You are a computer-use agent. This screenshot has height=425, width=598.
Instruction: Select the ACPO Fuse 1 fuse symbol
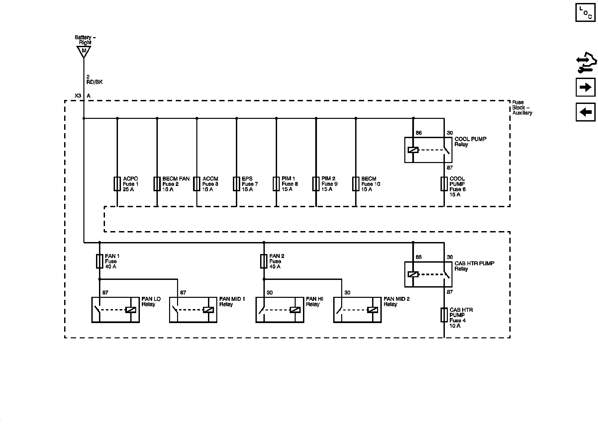coord(117,184)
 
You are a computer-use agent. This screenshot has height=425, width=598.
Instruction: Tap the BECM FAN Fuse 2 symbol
coord(157,184)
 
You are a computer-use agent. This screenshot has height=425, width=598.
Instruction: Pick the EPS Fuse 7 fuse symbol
coord(236,184)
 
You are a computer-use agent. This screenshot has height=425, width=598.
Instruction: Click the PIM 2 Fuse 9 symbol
coord(316,184)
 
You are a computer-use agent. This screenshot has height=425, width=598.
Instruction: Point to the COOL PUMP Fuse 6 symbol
coord(444,184)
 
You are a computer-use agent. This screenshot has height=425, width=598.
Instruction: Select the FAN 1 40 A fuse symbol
coord(99,261)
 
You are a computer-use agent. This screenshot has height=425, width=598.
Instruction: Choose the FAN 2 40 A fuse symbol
coord(264,261)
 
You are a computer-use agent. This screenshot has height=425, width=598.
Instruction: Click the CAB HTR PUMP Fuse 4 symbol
coord(444,315)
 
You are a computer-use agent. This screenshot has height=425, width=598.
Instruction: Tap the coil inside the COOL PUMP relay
coord(413,150)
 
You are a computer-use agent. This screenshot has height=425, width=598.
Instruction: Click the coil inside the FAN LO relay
coord(131,310)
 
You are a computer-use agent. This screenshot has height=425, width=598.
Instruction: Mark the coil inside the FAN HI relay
coord(295,310)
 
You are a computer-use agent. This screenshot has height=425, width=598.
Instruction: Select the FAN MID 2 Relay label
coord(397,301)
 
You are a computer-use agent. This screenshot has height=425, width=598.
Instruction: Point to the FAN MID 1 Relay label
coord(232,301)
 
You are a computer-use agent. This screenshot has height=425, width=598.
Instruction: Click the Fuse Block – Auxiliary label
coord(522,108)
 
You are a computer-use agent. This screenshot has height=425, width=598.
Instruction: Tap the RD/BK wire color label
coord(95,82)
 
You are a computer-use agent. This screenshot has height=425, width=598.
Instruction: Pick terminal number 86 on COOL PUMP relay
coord(419,133)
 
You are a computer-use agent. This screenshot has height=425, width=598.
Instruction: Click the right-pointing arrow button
coord(585,87)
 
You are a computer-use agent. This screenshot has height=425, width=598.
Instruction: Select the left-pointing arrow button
coord(585,112)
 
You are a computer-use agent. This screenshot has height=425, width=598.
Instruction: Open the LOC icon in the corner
coord(585,13)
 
